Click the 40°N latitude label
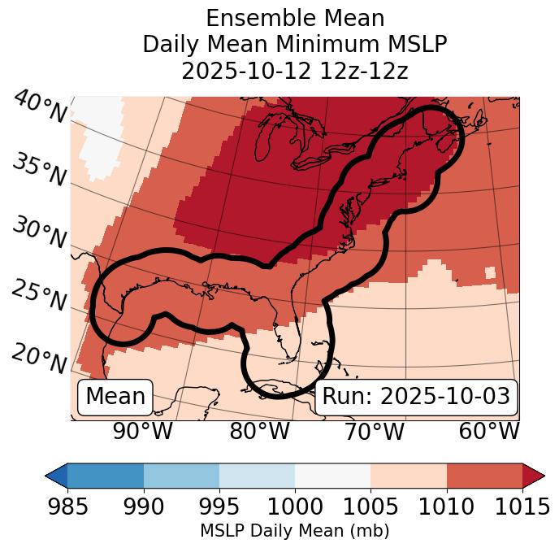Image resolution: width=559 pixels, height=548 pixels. coord(40,107)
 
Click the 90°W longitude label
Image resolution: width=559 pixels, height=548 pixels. coord(142,431)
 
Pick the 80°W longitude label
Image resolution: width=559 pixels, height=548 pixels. coord(259,431)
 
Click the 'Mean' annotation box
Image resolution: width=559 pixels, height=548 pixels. coord(115,397)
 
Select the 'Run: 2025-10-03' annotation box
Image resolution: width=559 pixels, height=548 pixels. coord(416,397)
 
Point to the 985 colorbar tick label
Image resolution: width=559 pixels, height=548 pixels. coord(67,507)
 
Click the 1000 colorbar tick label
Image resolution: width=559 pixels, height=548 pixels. coord(295,507)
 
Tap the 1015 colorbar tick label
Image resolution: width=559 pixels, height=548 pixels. coord(522,507)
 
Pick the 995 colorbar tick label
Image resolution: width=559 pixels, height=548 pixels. coord(219,507)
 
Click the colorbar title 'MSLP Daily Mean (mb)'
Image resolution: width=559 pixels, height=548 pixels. coord(294,532)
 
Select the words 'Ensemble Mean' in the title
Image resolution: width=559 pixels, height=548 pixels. coord(294,18)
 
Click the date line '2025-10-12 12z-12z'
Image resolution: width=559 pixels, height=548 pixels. coord(294,71)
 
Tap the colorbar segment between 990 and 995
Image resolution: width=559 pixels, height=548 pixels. coord(181,476)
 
